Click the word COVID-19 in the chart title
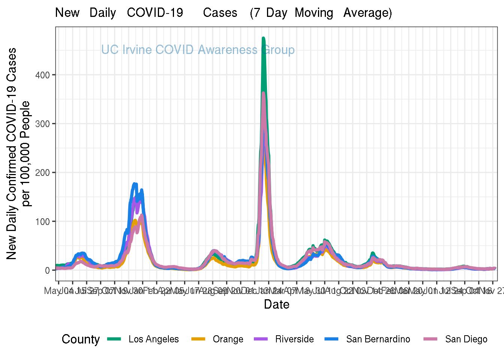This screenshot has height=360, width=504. [155, 13]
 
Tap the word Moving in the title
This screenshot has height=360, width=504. [314, 13]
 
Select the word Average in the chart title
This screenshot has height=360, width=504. [367, 13]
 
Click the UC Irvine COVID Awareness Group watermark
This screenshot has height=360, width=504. [198, 50]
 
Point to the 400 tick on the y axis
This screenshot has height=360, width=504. [42, 75]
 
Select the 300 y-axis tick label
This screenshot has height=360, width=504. [42, 124]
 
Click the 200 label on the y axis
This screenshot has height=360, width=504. [42, 172]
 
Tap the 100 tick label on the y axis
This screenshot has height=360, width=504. [42, 222]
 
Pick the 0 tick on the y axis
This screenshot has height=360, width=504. [48, 270]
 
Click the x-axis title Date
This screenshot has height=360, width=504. [276, 304]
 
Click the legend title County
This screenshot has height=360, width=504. [81, 339]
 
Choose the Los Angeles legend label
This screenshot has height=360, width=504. [153, 339]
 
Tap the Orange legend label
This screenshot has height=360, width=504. [228, 339]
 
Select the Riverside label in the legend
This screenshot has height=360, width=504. [294, 339]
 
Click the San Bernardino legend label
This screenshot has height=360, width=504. [378, 339]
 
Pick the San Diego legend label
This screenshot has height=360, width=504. [466, 339]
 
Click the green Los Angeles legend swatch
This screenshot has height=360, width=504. [114, 339]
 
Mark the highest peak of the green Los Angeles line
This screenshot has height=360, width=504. [263, 38]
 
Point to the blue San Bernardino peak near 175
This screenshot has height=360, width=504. [135, 184]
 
